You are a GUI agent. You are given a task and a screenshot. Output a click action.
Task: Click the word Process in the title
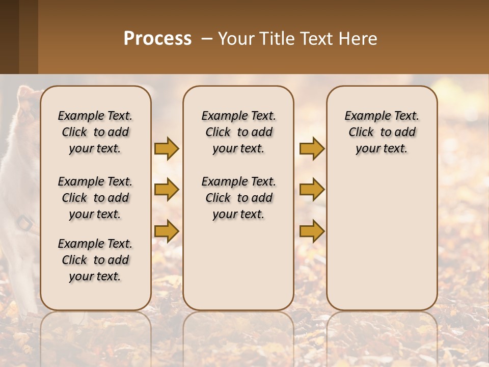157,39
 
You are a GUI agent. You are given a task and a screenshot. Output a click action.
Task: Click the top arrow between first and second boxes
167,148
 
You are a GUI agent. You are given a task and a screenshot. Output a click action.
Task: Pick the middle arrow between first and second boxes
167,190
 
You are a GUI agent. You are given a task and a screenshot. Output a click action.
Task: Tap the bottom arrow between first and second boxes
167,231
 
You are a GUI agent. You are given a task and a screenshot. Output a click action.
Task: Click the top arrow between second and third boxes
312,148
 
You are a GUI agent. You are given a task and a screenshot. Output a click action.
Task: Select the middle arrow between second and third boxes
312,190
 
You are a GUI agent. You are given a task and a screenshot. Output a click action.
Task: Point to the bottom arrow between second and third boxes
312,231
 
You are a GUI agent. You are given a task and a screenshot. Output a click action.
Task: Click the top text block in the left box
95,132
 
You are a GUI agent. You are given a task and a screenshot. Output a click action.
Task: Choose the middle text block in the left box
95,198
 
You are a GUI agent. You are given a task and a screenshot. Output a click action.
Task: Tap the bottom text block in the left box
95,260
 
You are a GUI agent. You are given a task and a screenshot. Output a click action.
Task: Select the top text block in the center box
238,132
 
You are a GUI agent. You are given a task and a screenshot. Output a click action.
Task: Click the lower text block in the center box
238,198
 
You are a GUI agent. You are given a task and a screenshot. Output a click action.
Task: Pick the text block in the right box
382,132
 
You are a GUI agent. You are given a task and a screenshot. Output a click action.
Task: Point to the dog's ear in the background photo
24,95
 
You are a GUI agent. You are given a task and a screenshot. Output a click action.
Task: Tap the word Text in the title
315,39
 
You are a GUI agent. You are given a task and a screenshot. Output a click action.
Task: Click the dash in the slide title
206,39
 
